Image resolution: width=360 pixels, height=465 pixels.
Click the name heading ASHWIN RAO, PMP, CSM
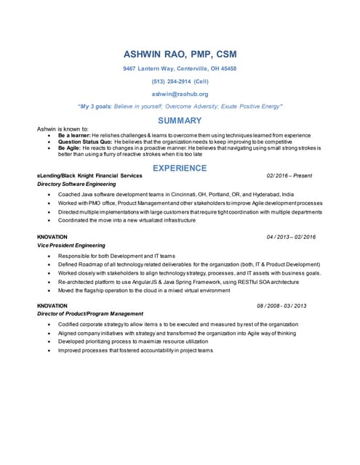click(180, 54)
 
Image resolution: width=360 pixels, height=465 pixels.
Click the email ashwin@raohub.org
click(180, 94)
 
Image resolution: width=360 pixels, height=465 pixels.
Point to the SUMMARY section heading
click(180, 120)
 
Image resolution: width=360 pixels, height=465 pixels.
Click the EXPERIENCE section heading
click(180, 168)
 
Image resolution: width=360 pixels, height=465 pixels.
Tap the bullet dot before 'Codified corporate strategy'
click(49, 324)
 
